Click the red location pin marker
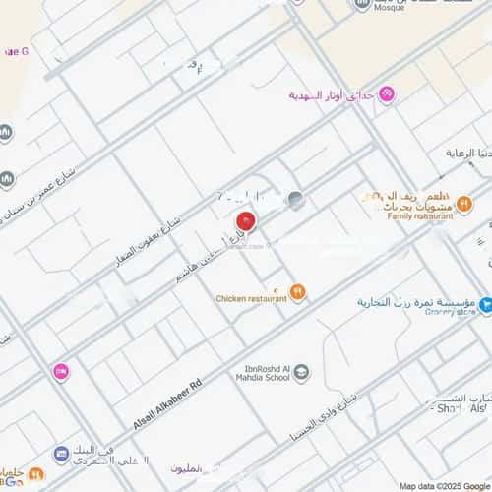[x=246, y=220]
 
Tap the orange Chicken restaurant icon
[x=298, y=291]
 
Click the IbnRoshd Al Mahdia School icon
[x=302, y=372]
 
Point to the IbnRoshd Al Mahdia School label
[x=262, y=373]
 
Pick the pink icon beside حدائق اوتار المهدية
[x=388, y=94]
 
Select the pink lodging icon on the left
[x=61, y=371]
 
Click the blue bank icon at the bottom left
[x=61, y=454]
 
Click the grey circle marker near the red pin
[x=296, y=200]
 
